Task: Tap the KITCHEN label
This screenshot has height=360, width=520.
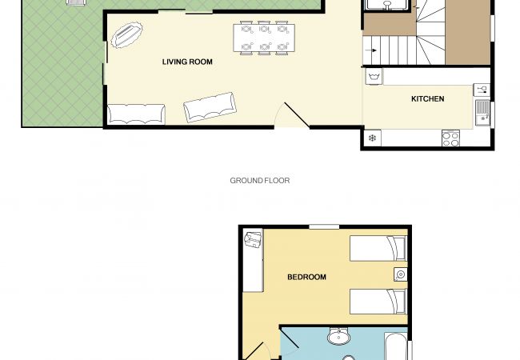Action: [x=427, y=98]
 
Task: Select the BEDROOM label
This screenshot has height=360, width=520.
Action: [x=306, y=277]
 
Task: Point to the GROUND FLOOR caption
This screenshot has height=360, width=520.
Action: [x=260, y=181]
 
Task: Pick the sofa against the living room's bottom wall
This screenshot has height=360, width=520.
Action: [x=135, y=114]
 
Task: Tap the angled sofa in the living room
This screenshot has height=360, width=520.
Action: [x=210, y=106]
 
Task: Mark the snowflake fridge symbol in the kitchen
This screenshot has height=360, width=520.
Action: [x=372, y=138]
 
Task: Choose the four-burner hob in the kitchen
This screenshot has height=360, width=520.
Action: [x=450, y=138]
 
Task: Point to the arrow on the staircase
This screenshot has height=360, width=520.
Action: [x=372, y=50]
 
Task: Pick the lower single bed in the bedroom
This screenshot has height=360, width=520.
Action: [x=378, y=302]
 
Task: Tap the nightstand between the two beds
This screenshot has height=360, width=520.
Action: [x=400, y=275]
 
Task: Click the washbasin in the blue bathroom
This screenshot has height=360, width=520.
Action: [x=339, y=335]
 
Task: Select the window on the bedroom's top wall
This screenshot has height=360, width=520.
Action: [x=323, y=227]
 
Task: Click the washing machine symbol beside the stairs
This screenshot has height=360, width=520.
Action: [x=373, y=76]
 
